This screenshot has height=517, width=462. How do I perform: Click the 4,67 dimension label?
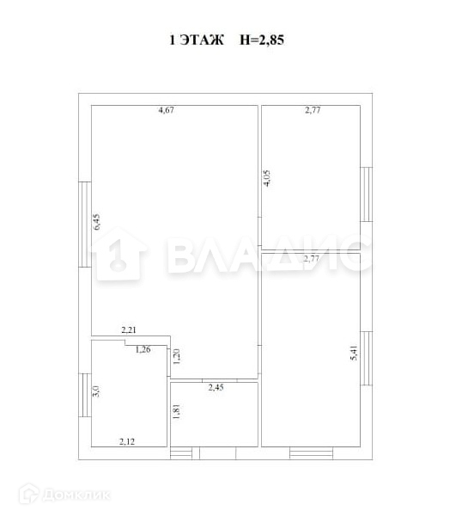pos(167,110)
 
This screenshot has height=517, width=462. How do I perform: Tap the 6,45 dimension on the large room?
pos(97,222)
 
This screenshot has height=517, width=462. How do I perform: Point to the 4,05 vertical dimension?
pos(267,178)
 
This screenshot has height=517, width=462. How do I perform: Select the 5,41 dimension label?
pos(354,353)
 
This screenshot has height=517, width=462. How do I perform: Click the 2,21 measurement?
pos(129,329)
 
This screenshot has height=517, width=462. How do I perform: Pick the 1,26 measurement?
pos(143,349)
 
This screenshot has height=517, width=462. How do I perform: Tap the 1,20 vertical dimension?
pos(177,356)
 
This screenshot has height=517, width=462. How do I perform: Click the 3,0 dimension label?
pos(96,391)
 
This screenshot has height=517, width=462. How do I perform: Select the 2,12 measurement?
pos(127,441)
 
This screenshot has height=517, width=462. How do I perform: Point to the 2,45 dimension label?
pos(216,387)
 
